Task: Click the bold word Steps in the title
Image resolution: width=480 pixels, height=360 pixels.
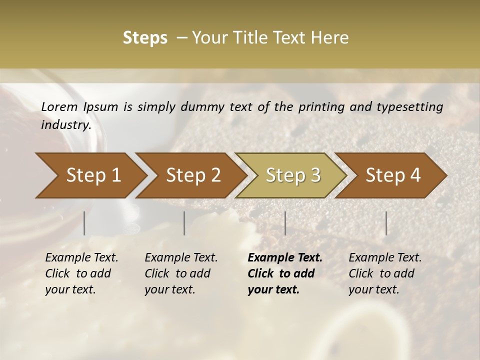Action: click(x=145, y=38)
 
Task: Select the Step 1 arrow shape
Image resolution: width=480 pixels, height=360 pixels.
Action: click(x=90, y=175)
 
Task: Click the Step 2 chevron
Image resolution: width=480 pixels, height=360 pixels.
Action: click(x=192, y=175)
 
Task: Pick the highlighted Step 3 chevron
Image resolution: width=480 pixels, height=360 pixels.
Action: click(x=292, y=175)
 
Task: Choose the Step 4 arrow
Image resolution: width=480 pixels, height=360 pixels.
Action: click(x=392, y=175)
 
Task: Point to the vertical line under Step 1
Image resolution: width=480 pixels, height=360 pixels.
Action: click(x=84, y=223)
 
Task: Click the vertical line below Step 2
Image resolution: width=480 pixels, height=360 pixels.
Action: click(x=184, y=223)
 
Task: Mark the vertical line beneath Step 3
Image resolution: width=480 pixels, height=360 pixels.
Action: click(x=285, y=223)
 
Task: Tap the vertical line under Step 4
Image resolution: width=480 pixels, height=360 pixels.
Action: click(x=386, y=223)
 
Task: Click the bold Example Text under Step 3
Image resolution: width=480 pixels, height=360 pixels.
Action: click(x=285, y=258)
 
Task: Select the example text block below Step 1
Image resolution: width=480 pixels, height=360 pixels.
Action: click(x=81, y=273)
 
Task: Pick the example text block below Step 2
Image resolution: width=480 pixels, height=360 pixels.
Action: click(x=181, y=273)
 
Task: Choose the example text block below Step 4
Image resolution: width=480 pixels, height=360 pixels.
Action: click(x=385, y=273)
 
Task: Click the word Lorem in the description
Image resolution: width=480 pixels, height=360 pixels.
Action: click(x=59, y=106)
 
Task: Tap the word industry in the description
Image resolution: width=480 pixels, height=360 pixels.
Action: click(x=66, y=124)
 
